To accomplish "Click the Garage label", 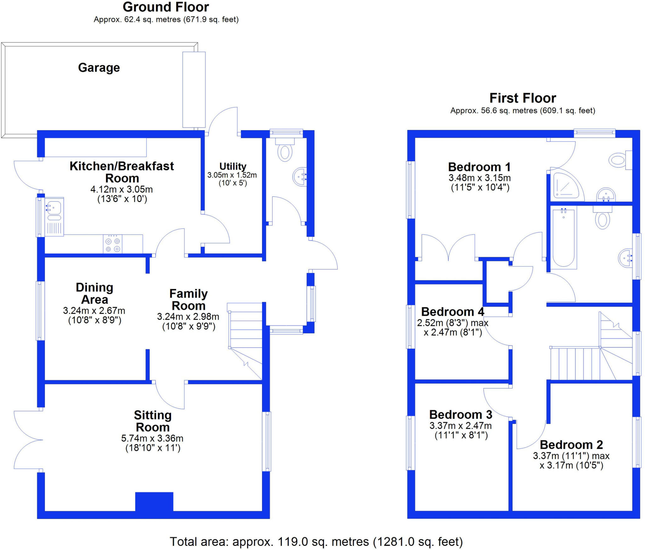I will pos(99,68).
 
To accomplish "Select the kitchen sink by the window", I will pos(54,208).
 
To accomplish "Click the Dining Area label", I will pos(94,293).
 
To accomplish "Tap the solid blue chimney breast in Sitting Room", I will pos(154,501).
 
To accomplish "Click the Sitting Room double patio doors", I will pos(28,440).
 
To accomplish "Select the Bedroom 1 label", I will pos(479,167).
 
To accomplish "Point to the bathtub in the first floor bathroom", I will pos(563,238).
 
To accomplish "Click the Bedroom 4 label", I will pos(453,312).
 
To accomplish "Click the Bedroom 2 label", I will pos(571,445).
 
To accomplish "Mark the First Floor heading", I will pos(522,98).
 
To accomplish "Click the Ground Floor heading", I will pos(166,7).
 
